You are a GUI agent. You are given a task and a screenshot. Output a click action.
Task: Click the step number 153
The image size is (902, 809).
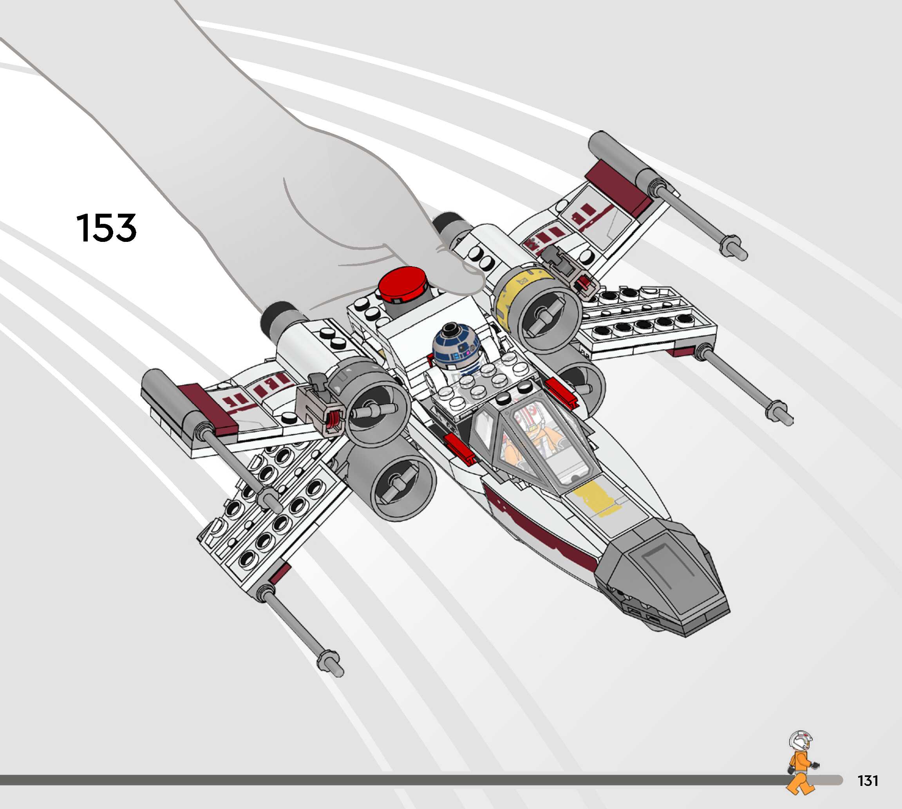[x=106, y=228]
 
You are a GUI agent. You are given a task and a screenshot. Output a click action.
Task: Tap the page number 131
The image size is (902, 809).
[x=868, y=780]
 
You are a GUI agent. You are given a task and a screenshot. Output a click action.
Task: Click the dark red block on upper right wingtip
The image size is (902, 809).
[x=618, y=187]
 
